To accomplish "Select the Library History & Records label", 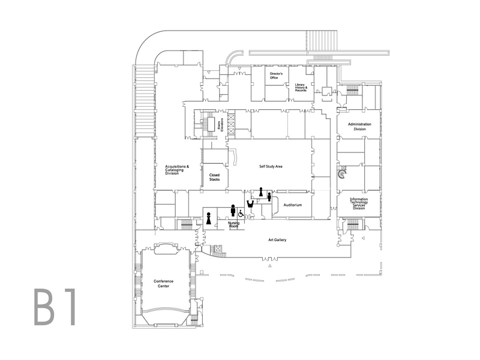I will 301,88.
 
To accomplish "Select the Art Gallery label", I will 277,240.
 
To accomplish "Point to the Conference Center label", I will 162,284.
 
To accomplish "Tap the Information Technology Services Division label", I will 359,203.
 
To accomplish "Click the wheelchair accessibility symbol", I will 241,213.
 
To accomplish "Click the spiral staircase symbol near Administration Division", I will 341,175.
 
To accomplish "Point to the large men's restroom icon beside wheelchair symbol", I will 232,210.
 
